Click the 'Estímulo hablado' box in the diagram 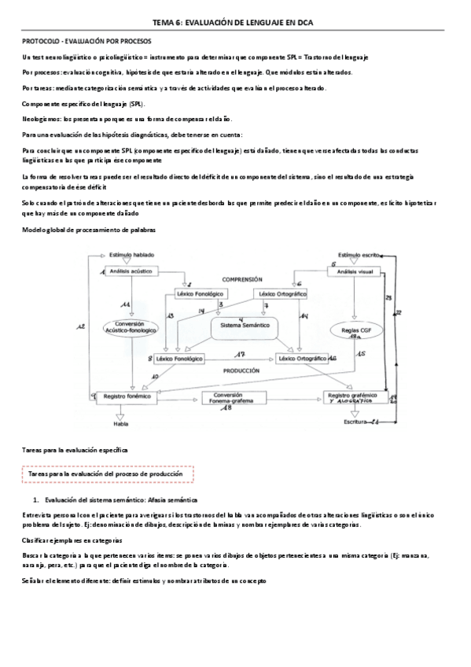pyautogui.click(x=132, y=255)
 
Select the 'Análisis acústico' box pyautogui.click(x=130, y=271)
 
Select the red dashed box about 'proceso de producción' pyautogui.click(x=105, y=474)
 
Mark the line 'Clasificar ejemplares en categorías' pyautogui.click(x=72, y=540)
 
